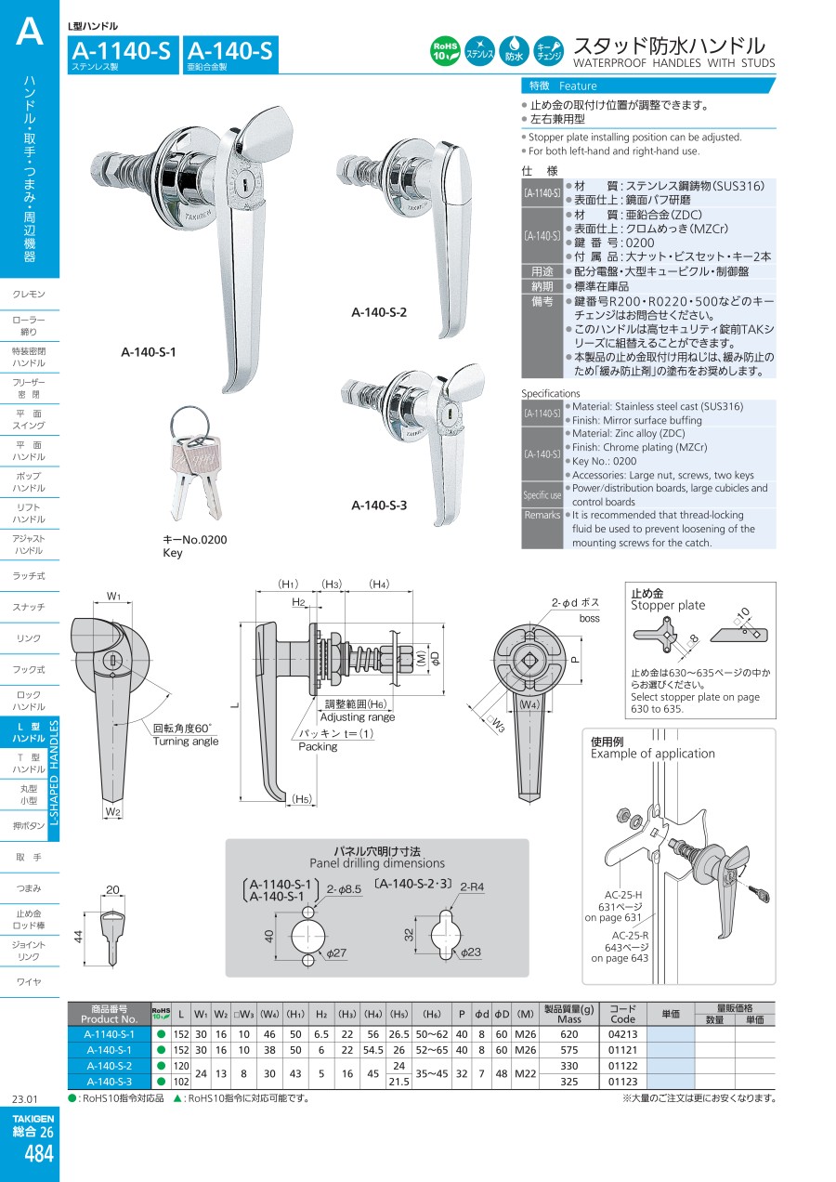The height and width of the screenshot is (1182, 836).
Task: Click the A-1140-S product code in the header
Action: pos(121,52)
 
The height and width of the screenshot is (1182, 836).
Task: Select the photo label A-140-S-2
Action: pos(379,312)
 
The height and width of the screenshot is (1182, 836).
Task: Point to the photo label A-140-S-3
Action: pos(379,506)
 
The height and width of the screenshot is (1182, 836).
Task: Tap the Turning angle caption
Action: pos(186,741)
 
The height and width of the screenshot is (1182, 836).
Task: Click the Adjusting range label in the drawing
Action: pos(358,716)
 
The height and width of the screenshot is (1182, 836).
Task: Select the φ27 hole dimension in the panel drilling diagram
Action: pos(335,953)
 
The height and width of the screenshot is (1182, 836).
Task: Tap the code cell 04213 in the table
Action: pos(622,1033)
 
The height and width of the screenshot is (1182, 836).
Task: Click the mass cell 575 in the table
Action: pos(569,1049)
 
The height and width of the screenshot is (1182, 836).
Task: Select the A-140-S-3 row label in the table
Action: pos(110,1081)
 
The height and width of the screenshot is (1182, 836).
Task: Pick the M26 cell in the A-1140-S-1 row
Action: pos(526,1033)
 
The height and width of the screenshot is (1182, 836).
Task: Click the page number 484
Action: pos(38,1153)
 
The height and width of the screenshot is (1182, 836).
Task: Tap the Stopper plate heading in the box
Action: pos(668,605)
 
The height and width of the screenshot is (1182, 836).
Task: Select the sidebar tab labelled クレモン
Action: pos(29,295)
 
